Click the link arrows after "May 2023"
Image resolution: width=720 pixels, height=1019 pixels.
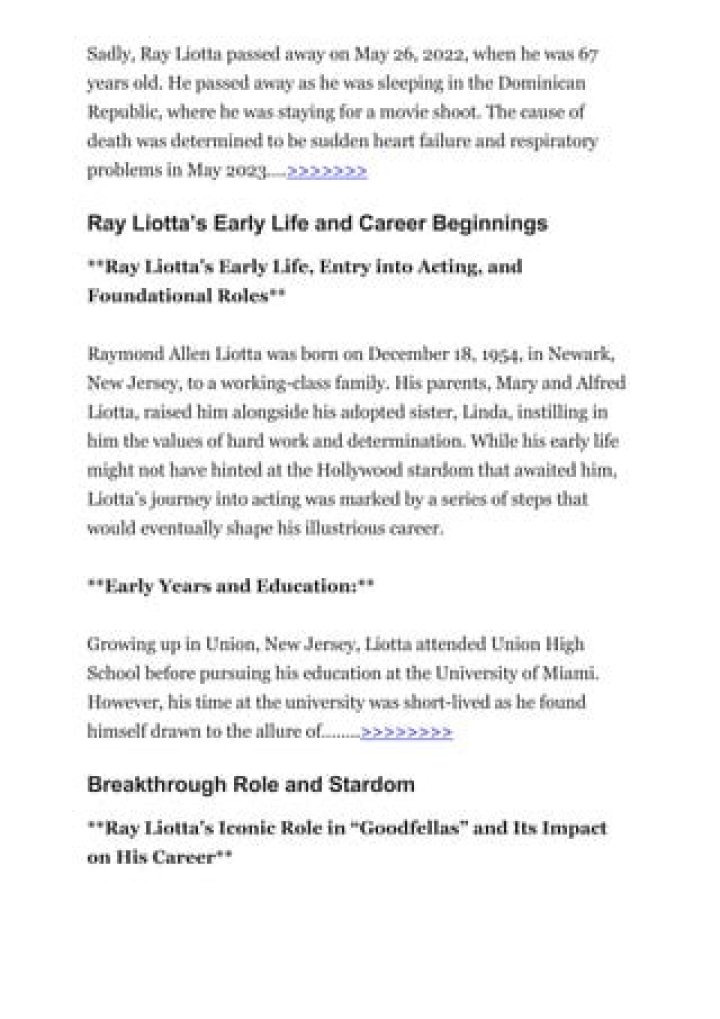(x=327, y=172)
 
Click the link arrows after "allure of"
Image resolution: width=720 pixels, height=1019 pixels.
(x=406, y=732)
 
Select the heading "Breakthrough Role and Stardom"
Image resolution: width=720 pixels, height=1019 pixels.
(x=251, y=785)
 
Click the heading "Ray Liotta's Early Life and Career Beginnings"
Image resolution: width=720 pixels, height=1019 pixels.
(x=317, y=223)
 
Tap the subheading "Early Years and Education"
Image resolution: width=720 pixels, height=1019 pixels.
(x=230, y=587)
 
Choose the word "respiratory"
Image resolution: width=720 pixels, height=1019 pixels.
(x=552, y=141)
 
